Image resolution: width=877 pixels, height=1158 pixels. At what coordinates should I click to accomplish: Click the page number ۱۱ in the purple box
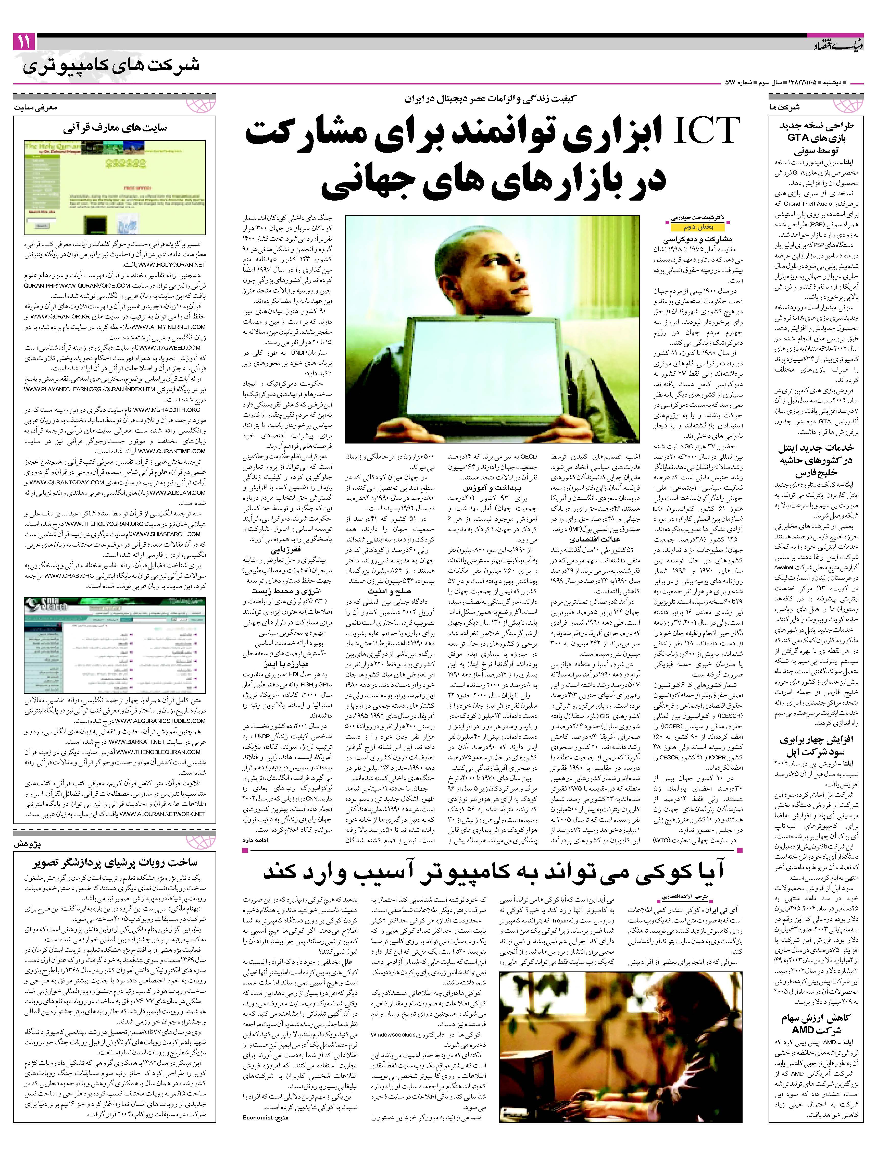pos(24,42)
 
